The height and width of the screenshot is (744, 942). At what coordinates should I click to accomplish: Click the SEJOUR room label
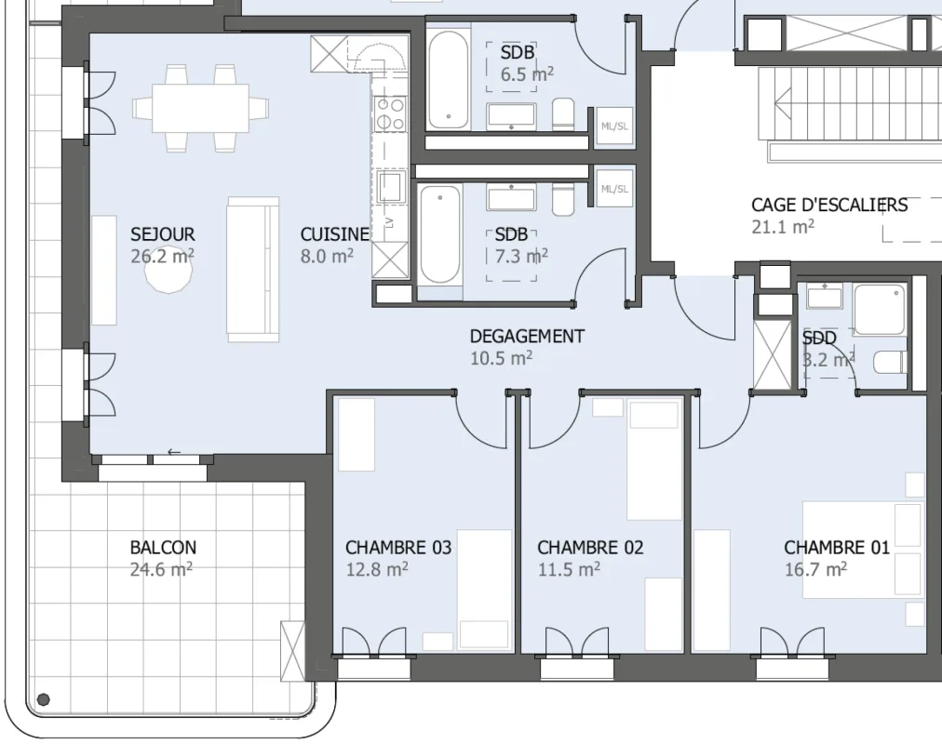[163, 234]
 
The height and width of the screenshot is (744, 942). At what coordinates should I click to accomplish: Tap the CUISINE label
[334, 234]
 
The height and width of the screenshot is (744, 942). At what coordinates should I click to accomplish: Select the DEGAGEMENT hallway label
[527, 336]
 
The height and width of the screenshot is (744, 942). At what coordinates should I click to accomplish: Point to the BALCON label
[163, 547]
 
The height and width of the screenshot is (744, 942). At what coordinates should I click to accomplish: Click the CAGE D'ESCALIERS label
[829, 205]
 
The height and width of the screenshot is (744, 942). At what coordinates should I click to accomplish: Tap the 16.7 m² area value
[815, 569]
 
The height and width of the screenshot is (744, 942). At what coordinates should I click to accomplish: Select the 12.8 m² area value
[377, 569]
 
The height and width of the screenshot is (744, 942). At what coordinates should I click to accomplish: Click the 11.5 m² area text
[569, 569]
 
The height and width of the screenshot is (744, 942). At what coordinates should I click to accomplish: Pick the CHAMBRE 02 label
[590, 547]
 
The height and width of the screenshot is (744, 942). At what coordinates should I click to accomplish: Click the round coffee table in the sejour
[168, 270]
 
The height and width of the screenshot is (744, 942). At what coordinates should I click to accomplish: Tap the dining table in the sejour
[200, 108]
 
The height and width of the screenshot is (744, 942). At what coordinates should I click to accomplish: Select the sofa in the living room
[253, 270]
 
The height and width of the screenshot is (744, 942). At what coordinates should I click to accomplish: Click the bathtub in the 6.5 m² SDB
[448, 79]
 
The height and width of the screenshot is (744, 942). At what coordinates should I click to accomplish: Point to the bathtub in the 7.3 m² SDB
[440, 234]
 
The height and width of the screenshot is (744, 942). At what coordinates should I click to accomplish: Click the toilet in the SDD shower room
[889, 362]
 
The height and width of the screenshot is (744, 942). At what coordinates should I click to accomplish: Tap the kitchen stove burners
[389, 114]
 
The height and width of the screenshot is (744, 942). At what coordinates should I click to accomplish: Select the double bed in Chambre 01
[863, 550]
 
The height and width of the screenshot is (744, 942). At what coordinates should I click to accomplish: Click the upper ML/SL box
[614, 126]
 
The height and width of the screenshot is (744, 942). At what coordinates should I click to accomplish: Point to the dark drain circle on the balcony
[43, 699]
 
